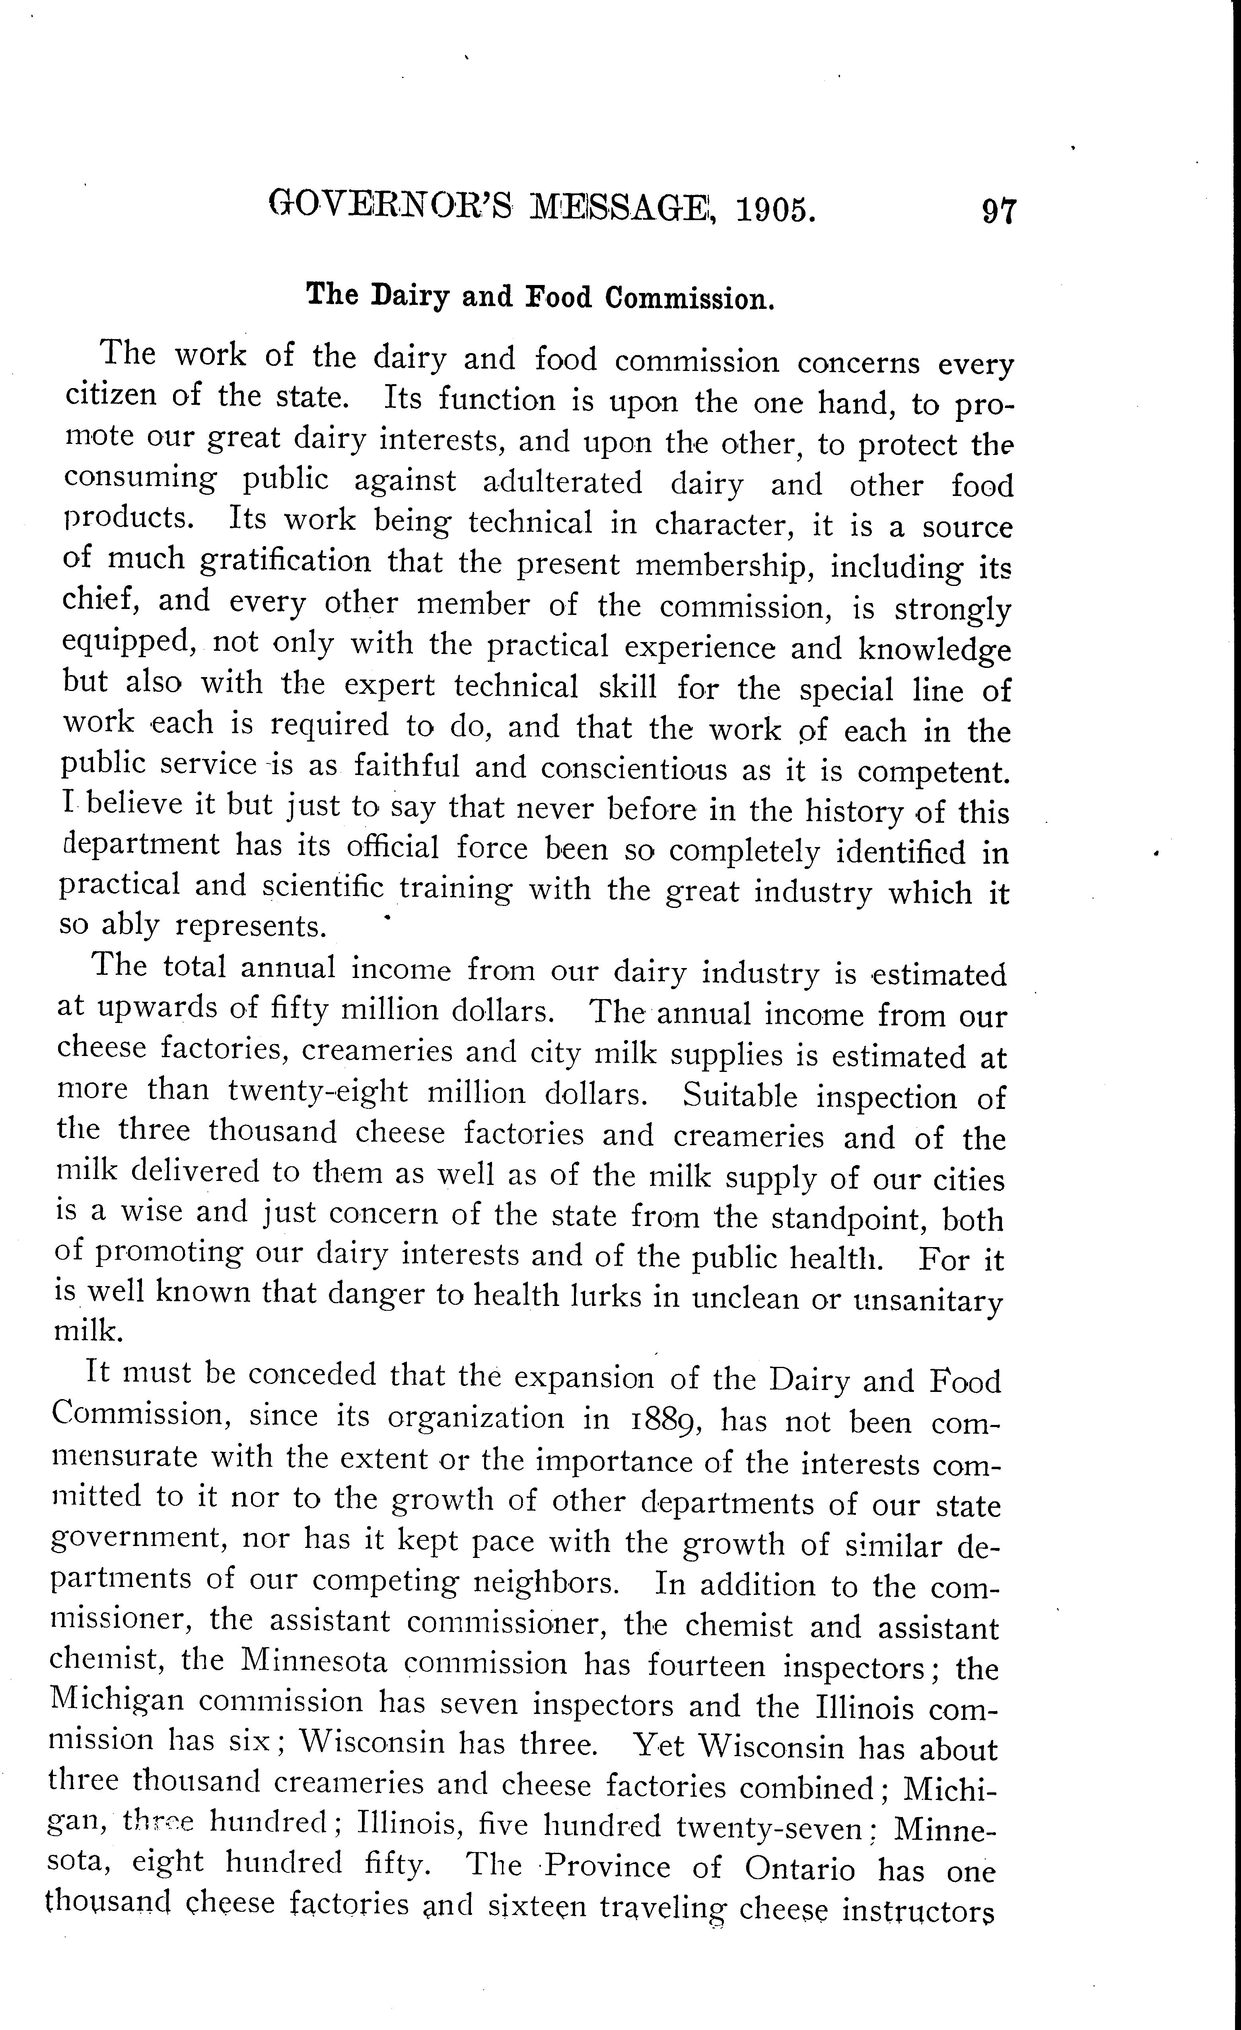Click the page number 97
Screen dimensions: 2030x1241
point(999,212)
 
